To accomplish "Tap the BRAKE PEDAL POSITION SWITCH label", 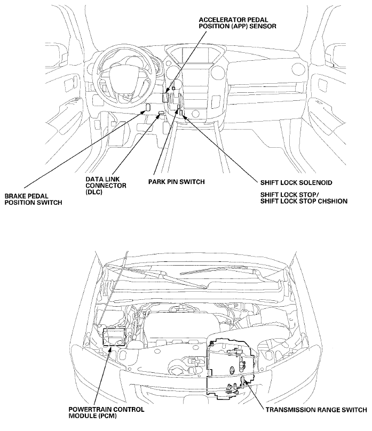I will pyautogui.click(x=33, y=199).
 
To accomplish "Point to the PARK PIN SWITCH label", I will pyautogui.click(x=177, y=182).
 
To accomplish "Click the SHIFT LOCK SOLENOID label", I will pyautogui.click(x=296, y=182).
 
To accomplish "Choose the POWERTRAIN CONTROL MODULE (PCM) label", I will pyautogui.click(x=107, y=412).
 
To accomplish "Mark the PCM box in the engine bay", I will pyautogui.click(x=114, y=337).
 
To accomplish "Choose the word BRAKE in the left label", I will pyautogui.click(x=17, y=196).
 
